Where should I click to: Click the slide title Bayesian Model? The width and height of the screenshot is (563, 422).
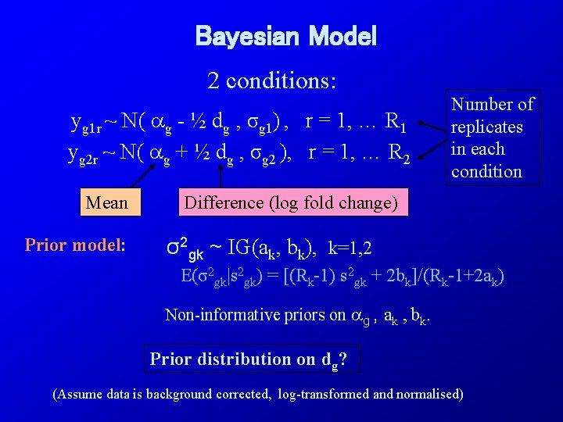coord(285,36)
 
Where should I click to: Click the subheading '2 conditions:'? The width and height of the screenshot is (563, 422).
coord(271,80)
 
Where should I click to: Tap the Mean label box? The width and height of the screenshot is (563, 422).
coord(107,203)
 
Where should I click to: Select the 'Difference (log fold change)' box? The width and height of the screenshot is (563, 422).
coord(289,203)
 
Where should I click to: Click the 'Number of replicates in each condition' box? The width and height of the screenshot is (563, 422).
coord(493,138)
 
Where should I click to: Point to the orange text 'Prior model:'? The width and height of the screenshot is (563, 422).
coord(75,245)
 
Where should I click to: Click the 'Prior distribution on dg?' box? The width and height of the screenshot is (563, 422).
coord(248,359)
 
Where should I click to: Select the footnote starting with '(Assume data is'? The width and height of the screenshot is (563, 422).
coord(257,394)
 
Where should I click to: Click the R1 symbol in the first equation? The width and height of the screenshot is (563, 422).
coord(396,122)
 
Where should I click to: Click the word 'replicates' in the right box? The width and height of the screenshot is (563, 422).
coord(487,127)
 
